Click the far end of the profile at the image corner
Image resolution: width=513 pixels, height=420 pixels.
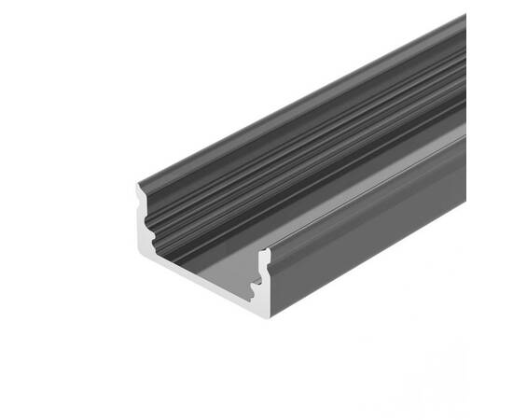[x=462, y=23]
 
